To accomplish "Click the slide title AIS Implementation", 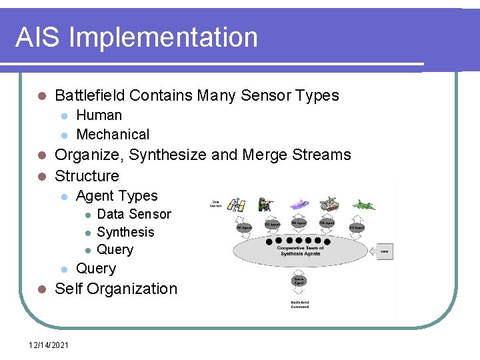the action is click(136, 37).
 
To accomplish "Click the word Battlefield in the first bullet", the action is click(90, 95).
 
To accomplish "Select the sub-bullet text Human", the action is click(99, 115).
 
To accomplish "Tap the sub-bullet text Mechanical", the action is click(113, 134).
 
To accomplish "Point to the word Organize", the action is click(89, 155).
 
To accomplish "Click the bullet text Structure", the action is click(87, 176).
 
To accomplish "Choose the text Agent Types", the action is click(117, 196).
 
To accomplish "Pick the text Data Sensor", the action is click(134, 214).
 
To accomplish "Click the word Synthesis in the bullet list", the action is click(125, 232).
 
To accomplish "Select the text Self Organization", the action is click(116, 289).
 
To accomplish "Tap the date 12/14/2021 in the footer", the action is click(49, 344).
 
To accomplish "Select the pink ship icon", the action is click(299, 203).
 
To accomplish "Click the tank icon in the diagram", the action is click(329, 203).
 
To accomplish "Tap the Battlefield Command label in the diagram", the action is click(299, 305).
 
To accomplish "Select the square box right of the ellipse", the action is click(384, 252).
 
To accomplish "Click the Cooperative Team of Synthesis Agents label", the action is click(299, 251).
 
